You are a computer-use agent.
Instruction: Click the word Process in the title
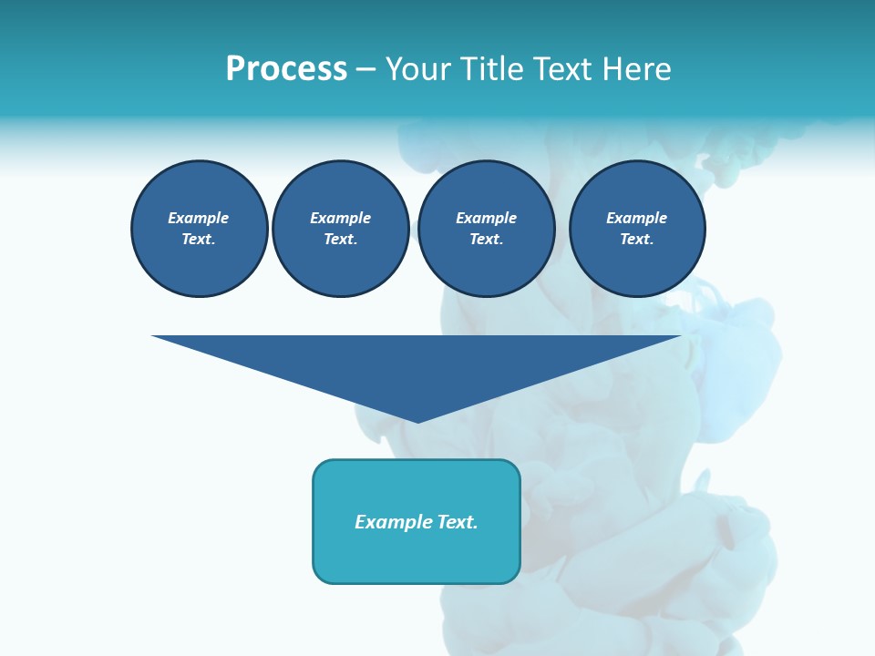pyautogui.click(x=286, y=69)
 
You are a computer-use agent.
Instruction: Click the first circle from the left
pyautogui.click(x=199, y=229)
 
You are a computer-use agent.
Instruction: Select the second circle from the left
pyautogui.click(x=341, y=229)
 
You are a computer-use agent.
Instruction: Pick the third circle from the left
pyautogui.click(x=487, y=229)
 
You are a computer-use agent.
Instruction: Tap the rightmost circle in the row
pyautogui.click(x=637, y=229)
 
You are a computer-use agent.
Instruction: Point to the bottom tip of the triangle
pyautogui.click(x=417, y=421)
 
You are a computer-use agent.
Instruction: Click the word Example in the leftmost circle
pyautogui.click(x=199, y=219)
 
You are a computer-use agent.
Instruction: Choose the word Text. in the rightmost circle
pyautogui.click(x=637, y=240)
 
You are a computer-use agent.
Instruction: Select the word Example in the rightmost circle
pyautogui.click(x=637, y=219)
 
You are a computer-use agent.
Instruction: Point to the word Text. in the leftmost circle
pyautogui.click(x=199, y=240)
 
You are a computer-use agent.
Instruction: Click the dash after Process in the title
pyautogui.click(x=365, y=70)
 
